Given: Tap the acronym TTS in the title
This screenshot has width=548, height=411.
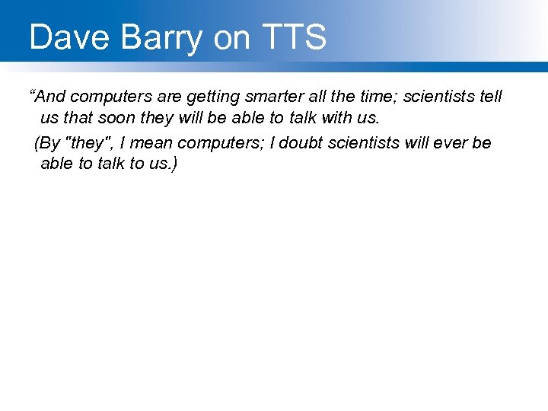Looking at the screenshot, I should pos(292,37).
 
